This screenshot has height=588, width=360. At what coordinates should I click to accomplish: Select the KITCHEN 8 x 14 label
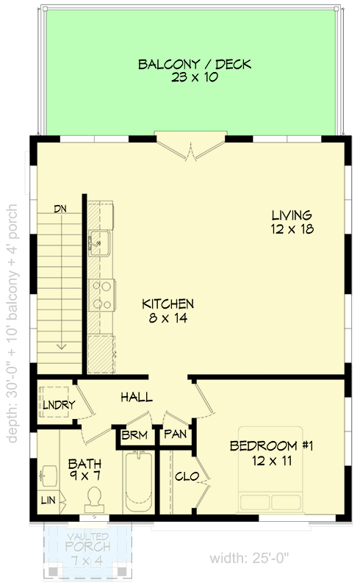pyautogui.click(x=168, y=310)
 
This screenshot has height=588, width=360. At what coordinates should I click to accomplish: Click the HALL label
pyautogui.click(x=137, y=397)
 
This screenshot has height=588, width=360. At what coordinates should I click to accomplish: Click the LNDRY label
pyautogui.click(x=54, y=404)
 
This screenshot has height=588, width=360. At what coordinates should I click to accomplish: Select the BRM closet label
pyautogui.click(x=134, y=436)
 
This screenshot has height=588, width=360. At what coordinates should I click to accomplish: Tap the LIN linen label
pyautogui.click(x=46, y=501)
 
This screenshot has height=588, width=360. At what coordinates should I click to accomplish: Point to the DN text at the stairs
pyautogui.click(x=61, y=209)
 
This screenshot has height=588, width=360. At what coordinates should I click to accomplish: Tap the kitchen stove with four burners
pyautogui.click(x=101, y=295)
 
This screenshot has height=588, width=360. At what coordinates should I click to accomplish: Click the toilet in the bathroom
pyautogui.click(x=94, y=500)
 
